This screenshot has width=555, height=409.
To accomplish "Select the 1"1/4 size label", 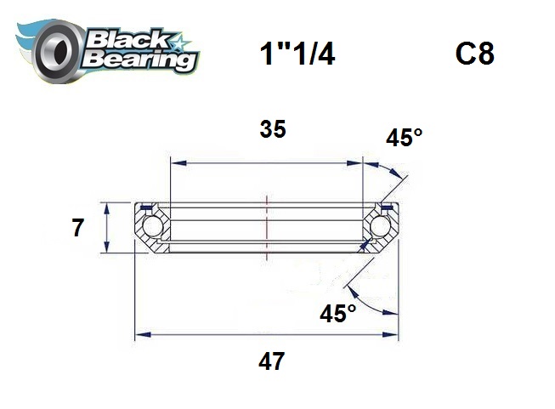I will tap(297, 54).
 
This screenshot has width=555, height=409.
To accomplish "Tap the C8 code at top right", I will tap(474, 54).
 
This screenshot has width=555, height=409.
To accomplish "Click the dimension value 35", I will tap(272, 129).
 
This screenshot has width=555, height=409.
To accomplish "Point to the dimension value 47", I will tap(271, 362).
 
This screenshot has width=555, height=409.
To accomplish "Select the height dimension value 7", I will tap(77, 228).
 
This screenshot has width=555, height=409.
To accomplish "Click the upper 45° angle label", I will tap(404, 139).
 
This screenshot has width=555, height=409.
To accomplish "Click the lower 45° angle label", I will tap(338, 314).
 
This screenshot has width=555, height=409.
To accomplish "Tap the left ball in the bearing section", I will tap(153, 228).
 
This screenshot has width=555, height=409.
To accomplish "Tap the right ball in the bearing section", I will tap(380, 228).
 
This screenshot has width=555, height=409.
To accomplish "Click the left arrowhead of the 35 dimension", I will tap(176, 161).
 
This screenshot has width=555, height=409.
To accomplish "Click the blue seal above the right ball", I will tap(387, 207).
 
